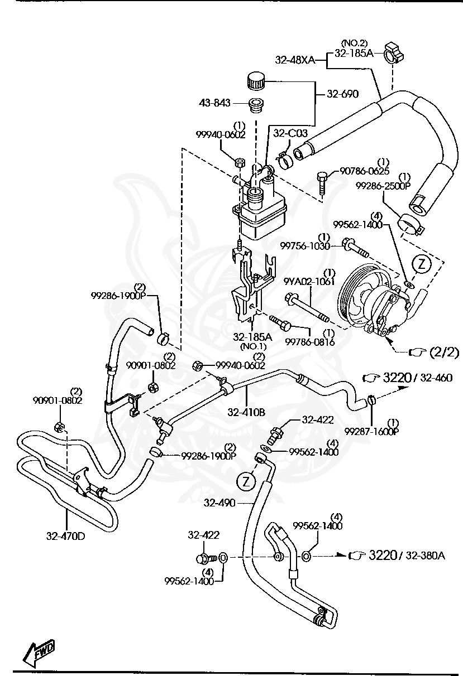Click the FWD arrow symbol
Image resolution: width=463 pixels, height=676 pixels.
(x=39, y=649)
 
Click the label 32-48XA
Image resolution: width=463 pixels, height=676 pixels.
(x=295, y=59)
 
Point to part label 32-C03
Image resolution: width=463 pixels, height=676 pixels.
(x=286, y=133)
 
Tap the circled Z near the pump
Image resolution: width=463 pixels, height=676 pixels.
(x=423, y=264)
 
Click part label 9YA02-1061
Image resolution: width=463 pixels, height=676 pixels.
(x=308, y=281)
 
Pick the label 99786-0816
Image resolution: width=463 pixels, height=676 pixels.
(x=309, y=341)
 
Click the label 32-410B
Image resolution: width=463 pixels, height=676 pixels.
(x=246, y=413)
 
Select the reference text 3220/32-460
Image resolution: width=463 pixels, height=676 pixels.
(x=416, y=378)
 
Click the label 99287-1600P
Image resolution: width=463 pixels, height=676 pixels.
(x=371, y=431)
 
